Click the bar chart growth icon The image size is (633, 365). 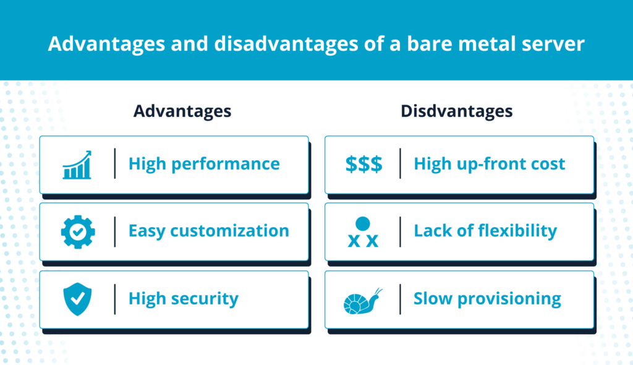click(77, 165)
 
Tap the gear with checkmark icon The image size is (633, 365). click(78, 232)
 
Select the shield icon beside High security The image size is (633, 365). click(77, 299)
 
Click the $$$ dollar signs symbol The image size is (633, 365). click(363, 164)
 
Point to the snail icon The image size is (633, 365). click(363, 301)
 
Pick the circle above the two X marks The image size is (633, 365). click(363, 223)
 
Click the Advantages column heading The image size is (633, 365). click(182, 111)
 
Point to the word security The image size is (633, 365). click(205, 299)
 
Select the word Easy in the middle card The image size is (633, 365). click(147, 231)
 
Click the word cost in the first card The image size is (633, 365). click(547, 164)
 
